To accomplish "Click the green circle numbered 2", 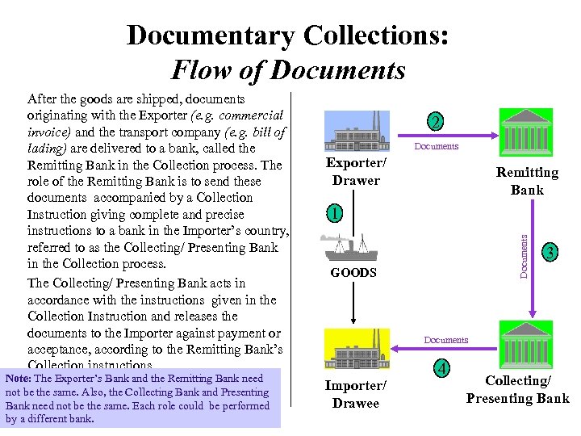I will tap(436, 123).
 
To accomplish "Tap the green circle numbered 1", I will tap(333, 215).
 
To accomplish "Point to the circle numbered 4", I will tap(442, 368).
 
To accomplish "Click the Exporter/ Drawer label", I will tap(356, 171).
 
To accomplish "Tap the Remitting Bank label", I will tap(526, 181).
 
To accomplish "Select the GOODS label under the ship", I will tap(353, 273).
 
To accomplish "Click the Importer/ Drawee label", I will tap(356, 394).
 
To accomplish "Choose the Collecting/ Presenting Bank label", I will tap(517, 389).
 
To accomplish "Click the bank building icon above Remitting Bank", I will tap(527, 132).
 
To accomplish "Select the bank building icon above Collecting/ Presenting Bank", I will tap(527, 343).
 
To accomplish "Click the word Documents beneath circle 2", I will tap(436, 146).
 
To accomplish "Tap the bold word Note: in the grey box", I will tap(18, 379).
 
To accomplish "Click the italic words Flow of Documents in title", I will tap(288, 70).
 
